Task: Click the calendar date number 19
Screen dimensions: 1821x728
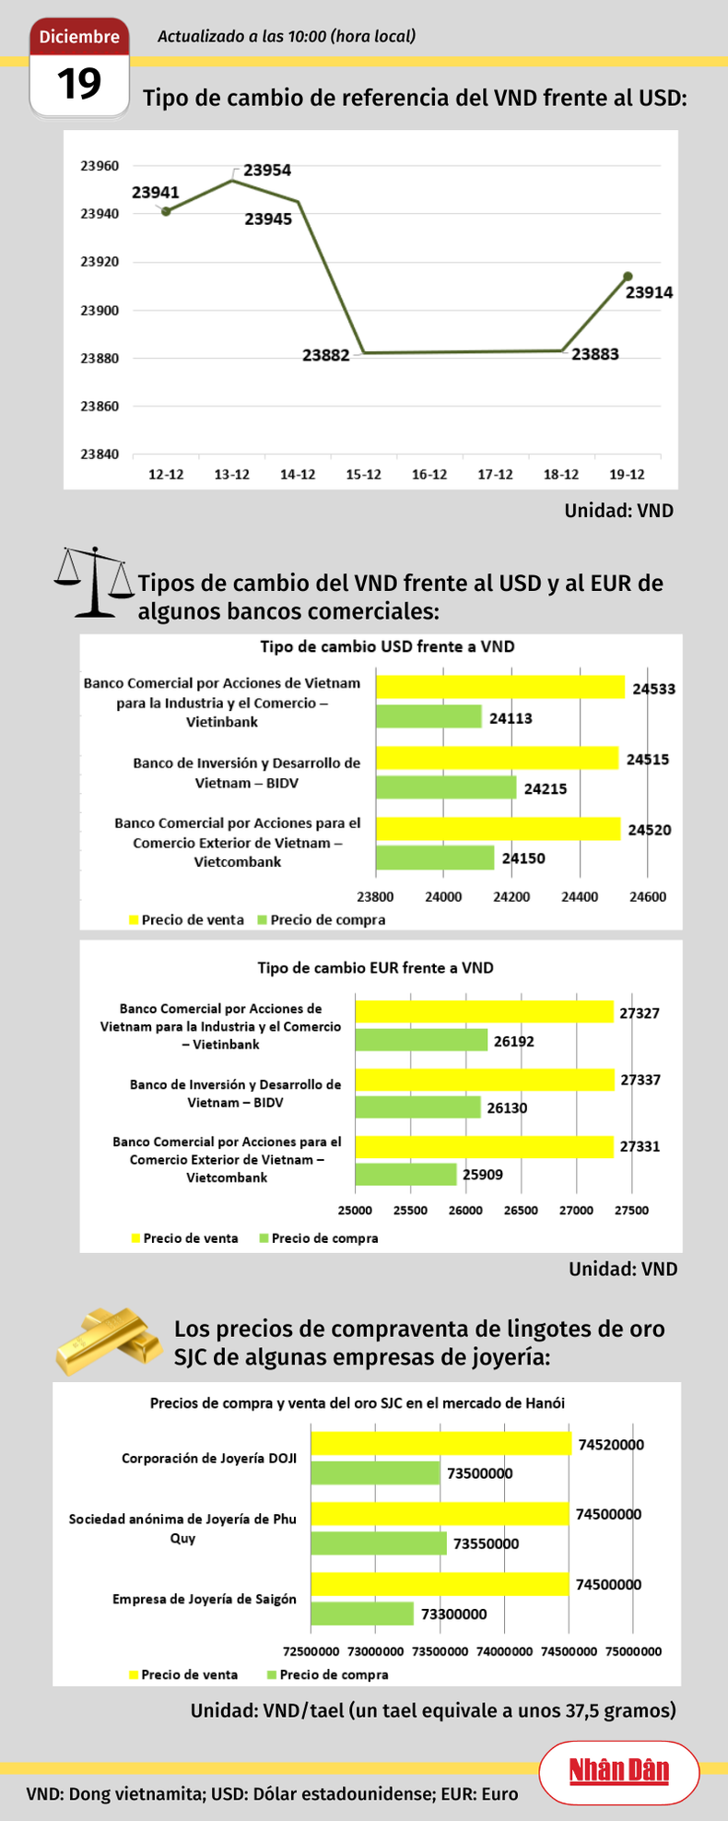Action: tap(79, 84)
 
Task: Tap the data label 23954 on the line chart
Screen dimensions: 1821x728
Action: tap(267, 171)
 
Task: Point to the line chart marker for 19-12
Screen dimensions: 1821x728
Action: tap(628, 277)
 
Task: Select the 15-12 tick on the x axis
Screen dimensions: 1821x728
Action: tap(363, 475)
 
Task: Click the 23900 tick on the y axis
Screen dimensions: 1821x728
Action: tap(100, 311)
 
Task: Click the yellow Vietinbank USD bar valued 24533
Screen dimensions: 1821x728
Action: tap(500, 687)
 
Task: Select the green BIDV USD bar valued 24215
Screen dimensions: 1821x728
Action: tap(446, 787)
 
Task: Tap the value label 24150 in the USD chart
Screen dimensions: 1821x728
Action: tap(523, 858)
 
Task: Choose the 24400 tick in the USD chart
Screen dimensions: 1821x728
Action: tap(580, 897)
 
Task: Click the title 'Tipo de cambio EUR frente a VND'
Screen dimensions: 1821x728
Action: tap(375, 968)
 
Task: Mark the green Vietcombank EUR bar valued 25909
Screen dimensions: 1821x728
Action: tap(405, 1174)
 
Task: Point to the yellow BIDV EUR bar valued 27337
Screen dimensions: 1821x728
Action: tap(485, 1080)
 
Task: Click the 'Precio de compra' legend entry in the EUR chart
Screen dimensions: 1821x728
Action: tap(319, 1238)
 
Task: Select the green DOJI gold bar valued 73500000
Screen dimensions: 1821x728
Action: tap(376, 1473)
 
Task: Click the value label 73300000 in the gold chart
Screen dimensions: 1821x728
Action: tap(453, 1614)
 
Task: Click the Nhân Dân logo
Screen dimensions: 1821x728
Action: tap(618, 1771)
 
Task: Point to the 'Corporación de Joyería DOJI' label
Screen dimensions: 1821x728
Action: tap(209, 1459)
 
